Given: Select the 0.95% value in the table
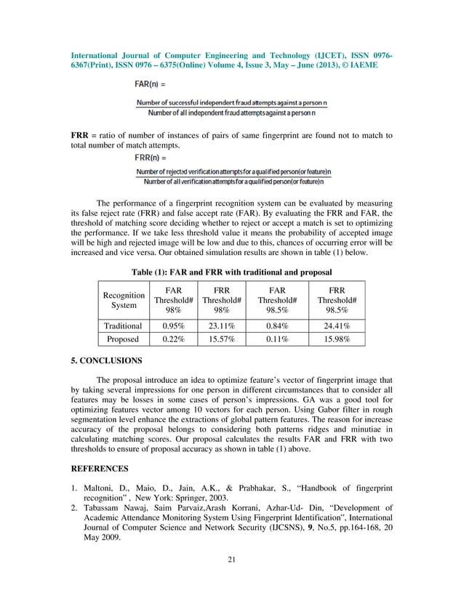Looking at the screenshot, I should [x=167, y=326].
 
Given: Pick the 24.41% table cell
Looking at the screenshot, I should [x=337, y=326].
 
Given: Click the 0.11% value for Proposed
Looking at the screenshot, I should [x=276, y=338].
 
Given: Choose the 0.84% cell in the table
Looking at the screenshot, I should [x=276, y=326].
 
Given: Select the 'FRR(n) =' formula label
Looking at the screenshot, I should [x=152, y=156].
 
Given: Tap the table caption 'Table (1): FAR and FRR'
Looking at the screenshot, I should [x=231, y=272].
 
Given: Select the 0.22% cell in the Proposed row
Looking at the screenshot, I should [x=167, y=338].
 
